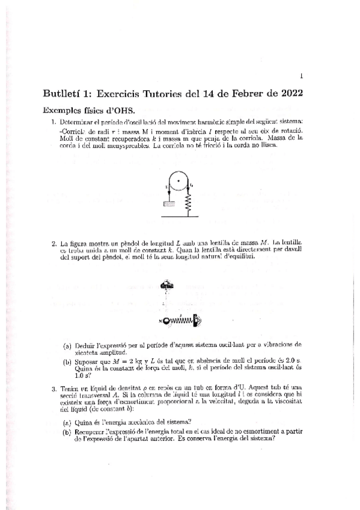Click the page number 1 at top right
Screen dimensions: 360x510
[x=301, y=76]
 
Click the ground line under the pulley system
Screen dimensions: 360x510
[x=179, y=214]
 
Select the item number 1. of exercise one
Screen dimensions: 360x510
[x=53, y=123]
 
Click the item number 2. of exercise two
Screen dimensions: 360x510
[x=53, y=242]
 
